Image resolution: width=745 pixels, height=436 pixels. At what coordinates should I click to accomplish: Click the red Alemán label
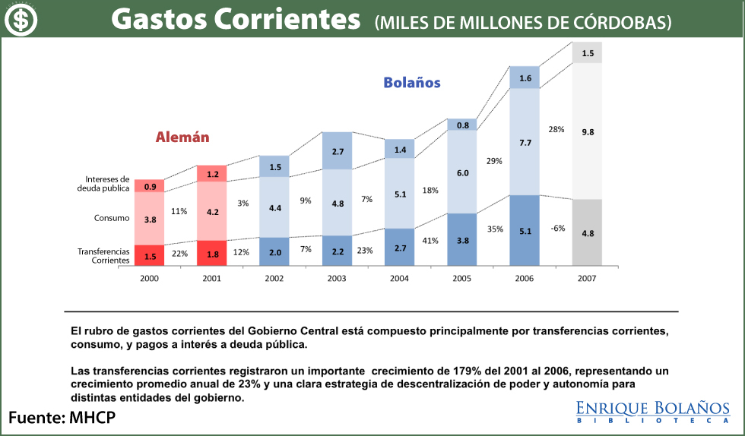[182, 137]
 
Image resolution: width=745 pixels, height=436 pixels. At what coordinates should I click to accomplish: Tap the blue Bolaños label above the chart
[411, 83]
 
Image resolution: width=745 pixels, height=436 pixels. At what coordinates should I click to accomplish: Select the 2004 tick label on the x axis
[399, 279]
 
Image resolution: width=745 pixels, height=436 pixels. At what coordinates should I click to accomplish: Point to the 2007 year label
[586, 279]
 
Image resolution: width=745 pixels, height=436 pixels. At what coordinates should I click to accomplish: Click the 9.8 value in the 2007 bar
[587, 132]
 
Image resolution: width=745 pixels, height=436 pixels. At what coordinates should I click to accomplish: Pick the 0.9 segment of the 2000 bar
[150, 186]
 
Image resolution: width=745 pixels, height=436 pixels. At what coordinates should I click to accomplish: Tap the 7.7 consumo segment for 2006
[525, 142]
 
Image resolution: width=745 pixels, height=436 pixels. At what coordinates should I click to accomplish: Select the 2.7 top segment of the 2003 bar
[337, 151]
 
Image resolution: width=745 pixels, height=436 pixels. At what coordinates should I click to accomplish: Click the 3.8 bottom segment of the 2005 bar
[461, 240]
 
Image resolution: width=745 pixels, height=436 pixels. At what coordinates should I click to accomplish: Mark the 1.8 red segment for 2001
[212, 254]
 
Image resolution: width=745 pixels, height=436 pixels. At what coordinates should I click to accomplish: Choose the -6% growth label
[557, 229]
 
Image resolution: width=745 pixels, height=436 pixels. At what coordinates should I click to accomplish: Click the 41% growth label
[431, 241]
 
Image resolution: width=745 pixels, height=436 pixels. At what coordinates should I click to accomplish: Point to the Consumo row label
[111, 218]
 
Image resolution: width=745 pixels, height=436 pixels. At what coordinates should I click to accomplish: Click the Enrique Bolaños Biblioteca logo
[653, 411]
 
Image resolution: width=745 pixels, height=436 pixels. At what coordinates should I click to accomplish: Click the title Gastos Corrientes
[236, 21]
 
